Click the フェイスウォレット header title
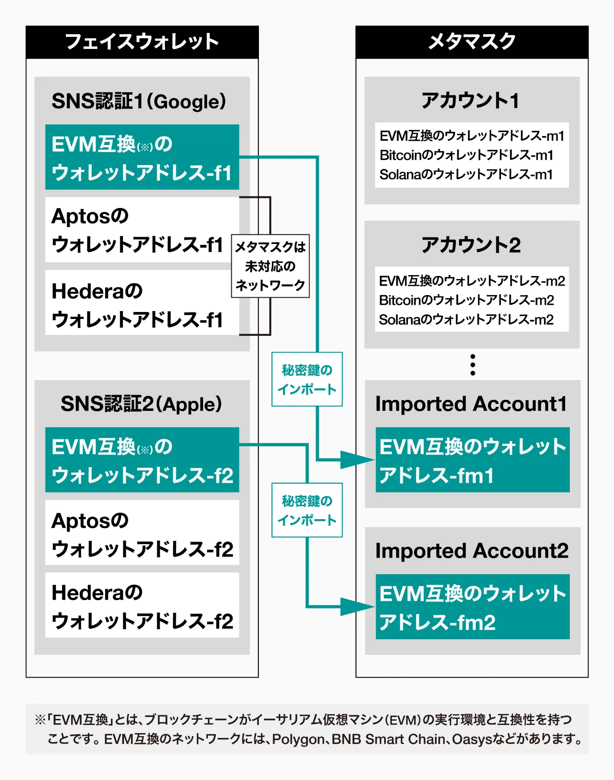click(x=142, y=42)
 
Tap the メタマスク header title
click(x=472, y=42)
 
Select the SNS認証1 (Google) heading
click(x=139, y=101)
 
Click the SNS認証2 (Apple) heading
click(x=141, y=404)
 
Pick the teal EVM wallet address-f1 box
click(x=142, y=157)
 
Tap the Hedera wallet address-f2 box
click(x=142, y=605)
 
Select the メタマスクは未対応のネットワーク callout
click(x=270, y=266)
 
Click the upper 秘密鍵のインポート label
click(x=307, y=380)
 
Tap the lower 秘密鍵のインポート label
click(x=307, y=510)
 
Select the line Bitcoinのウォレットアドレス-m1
click(x=466, y=155)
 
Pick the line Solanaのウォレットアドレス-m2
click(x=466, y=320)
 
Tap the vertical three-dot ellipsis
click(x=472, y=365)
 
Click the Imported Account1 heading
click(x=471, y=404)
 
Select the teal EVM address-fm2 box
click(x=472, y=607)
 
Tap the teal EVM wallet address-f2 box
click(x=142, y=460)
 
